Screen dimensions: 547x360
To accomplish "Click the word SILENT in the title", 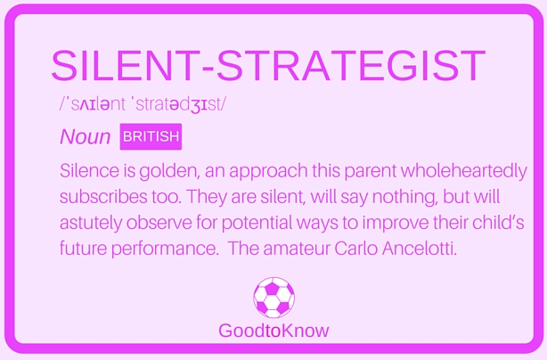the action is [126, 66].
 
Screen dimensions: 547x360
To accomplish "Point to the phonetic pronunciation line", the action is [143, 104].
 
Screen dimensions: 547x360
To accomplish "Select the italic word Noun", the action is [86, 136].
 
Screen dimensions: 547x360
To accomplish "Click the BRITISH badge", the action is [151, 136].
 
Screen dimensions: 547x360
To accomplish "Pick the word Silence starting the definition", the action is [89, 170].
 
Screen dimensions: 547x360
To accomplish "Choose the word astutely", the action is [91, 224].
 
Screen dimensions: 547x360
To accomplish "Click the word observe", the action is [159, 223].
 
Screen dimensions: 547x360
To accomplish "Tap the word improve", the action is [396, 224].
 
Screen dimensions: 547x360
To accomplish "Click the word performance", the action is [165, 250].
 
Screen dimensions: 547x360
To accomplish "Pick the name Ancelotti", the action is [420, 249].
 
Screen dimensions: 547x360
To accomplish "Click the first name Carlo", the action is [355, 249].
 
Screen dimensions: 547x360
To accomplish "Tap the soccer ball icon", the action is [273, 298].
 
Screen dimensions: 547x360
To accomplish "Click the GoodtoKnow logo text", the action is [273, 331].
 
